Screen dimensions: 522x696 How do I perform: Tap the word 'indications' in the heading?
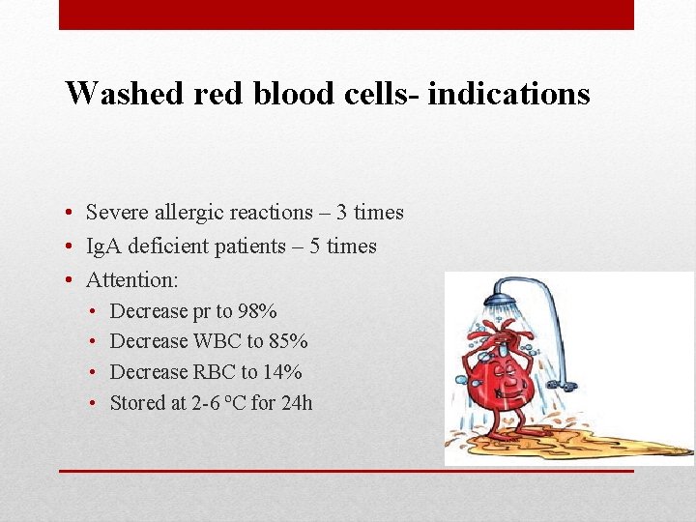tap(508, 93)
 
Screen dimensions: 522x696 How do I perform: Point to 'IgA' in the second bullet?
tap(102, 246)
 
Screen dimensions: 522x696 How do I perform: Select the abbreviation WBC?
tap(218, 341)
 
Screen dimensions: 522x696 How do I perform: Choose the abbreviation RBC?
tap(215, 372)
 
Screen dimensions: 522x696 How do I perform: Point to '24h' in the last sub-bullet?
tap(297, 403)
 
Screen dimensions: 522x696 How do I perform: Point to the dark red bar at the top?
tap(346, 14)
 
